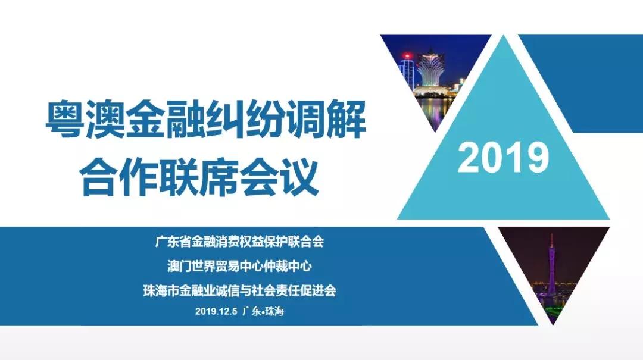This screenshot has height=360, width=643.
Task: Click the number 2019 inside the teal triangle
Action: point(503,158)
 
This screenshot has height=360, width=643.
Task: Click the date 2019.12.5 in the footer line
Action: point(216,311)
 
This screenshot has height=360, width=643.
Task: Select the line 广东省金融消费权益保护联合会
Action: point(239,242)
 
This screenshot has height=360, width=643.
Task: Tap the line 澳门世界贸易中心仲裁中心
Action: point(239,266)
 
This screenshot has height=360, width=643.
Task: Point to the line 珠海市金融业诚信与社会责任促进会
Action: point(239,291)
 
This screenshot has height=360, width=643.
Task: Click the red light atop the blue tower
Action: point(407,56)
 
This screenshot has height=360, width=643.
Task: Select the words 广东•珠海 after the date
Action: point(263,311)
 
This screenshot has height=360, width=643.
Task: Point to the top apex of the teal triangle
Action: point(504,36)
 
